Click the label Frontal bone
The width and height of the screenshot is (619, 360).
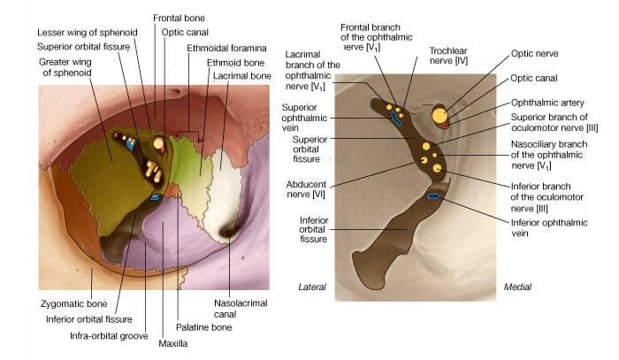[x=179, y=17]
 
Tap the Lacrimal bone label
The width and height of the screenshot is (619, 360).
[x=241, y=77]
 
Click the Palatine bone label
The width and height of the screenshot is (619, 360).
[x=203, y=327]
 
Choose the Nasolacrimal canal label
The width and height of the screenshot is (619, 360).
[x=235, y=307]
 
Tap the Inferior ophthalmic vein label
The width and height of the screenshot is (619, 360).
[x=538, y=226]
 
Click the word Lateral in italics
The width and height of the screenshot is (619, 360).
[x=312, y=287]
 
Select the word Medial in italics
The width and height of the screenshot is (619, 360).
[x=517, y=287]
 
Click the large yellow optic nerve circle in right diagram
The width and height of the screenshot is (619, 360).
[x=439, y=115]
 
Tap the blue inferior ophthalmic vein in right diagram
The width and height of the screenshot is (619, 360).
[x=434, y=195]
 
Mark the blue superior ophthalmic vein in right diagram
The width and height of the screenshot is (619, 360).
[x=396, y=119]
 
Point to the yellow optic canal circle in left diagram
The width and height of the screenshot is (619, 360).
[x=159, y=142]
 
